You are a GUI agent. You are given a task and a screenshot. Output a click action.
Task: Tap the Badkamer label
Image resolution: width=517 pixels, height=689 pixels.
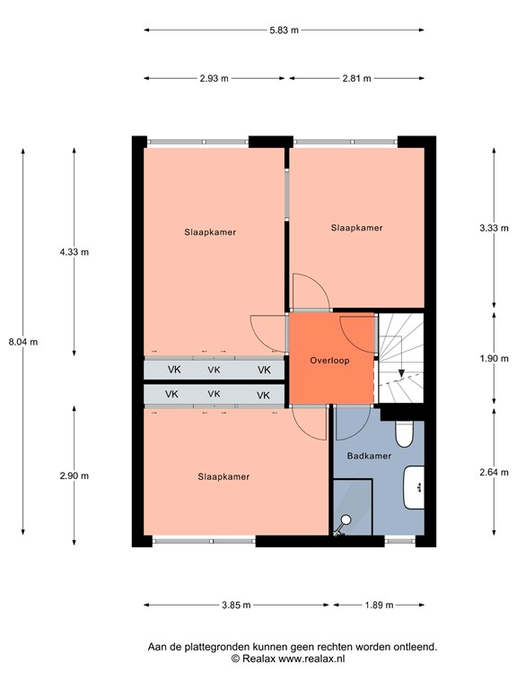point(370,456)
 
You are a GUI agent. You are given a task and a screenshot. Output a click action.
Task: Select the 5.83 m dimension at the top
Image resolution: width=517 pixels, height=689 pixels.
point(284,30)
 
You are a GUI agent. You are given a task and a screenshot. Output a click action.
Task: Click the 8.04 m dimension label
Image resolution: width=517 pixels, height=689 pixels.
point(22,341)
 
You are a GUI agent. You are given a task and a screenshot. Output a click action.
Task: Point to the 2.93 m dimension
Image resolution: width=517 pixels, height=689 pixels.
point(215,79)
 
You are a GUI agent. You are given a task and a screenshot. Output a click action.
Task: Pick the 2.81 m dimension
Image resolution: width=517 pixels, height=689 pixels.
point(355,79)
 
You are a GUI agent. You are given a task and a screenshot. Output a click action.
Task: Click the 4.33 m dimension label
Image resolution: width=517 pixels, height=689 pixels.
point(74,252)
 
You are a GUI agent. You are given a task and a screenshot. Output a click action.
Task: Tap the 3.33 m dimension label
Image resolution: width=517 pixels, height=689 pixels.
point(495,229)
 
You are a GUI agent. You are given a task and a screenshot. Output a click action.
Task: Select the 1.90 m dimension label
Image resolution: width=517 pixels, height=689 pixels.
point(495,357)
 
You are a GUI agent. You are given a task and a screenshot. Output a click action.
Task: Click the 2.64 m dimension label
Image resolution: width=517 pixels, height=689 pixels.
point(495,475)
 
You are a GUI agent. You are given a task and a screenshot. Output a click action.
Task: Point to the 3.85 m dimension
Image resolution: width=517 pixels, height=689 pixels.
point(235,605)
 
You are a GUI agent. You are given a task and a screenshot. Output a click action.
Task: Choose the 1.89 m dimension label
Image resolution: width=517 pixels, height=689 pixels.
point(378,605)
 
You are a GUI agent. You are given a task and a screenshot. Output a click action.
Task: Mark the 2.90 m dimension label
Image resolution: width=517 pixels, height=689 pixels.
point(74,475)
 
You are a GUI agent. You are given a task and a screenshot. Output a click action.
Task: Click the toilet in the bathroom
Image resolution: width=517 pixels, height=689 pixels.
point(405,435)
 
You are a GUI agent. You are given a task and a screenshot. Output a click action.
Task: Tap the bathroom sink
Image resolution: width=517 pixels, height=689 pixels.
point(415,487)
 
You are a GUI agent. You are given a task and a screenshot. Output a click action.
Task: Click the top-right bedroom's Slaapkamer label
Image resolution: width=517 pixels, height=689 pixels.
point(356,228)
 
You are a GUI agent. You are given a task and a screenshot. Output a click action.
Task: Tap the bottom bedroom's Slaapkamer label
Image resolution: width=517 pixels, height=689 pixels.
point(223,476)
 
